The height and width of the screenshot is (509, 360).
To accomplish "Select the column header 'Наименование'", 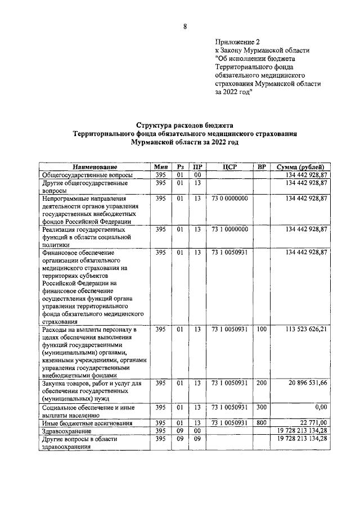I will (94, 168).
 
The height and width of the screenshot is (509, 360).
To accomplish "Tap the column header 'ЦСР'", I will (229, 168).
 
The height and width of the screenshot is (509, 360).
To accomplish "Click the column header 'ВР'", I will (261, 168).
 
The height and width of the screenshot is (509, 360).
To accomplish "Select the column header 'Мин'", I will (161, 168).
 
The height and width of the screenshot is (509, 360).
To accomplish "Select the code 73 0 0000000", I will (229, 199).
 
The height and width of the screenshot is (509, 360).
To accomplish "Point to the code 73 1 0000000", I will (229, 229).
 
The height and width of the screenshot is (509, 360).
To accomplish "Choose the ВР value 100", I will (261, 328).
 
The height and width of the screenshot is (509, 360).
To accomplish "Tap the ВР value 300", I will (261, 407).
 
